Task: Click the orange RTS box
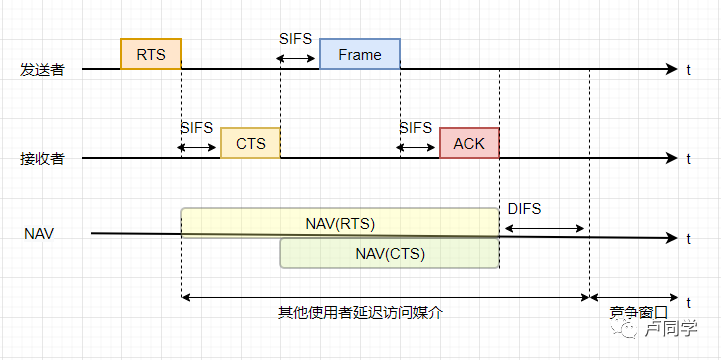151,54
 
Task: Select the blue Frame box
359,54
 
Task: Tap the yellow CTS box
251,143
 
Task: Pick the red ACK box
468,143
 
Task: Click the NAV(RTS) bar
339,222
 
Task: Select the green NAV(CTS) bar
389,253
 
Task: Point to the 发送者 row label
42,70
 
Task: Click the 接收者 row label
42,159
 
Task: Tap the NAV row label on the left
39,234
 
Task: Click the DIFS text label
524,208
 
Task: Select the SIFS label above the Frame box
295,39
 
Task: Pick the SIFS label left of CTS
197,128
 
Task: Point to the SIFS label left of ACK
415,128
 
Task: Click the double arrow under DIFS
543,229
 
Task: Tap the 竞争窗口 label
637,312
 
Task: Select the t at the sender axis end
688,70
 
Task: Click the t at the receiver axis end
688,159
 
